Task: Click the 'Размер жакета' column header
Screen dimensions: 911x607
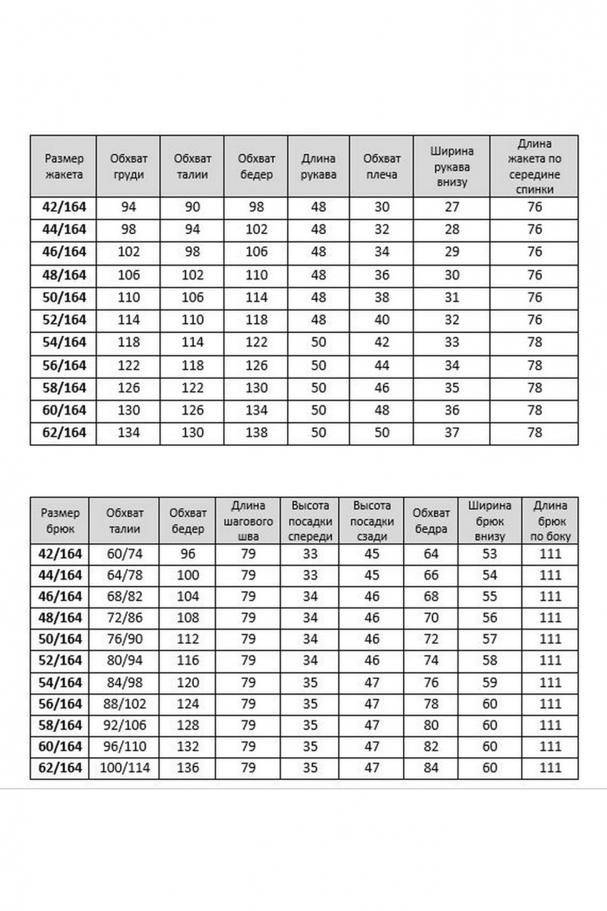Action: pyautogui.click(x=64, y=165)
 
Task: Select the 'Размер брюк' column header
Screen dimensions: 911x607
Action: pyautogui.click(x=61, y=522)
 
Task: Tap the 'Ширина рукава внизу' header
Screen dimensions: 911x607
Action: pyautogui.click(x=452, y=165)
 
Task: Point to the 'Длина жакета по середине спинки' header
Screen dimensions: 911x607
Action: pyautogui.click(x=535, y=165)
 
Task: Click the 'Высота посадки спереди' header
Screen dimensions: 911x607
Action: pyautogui.click(x=311, y=522)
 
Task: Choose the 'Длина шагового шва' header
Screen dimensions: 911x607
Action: pyautogui.click(x=248, y=522)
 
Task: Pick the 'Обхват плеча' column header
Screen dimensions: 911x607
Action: pyautogui.click(x=382, y=165)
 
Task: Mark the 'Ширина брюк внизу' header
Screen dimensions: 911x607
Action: pyautogui.click(x=490, y=522)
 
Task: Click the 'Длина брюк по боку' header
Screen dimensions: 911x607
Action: pyautogui.click(x=550, y=522)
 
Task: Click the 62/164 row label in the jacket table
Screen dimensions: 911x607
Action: pyautogui.click(x=64, y=433)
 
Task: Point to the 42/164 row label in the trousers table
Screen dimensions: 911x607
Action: pyautogui.click(x=61, y=554)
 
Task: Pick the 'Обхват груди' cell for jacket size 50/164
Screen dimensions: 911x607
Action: pyautogui.click(x=129, y=297)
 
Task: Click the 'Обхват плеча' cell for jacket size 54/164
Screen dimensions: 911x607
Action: pyautogui.click(x=382, y=342)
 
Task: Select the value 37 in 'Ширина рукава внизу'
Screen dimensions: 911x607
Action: pyautogui.click(x=452, y=433)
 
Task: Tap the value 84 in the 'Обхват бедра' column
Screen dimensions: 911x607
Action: pyautogui.click(x=431, y=768)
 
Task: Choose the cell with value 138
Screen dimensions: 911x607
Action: pyautogui.click(x=256, y=433)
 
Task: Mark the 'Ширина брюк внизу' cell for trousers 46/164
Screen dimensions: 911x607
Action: pyautogui.click(x=490, y=596)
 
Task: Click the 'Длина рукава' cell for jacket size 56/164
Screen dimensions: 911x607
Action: pyautogui.click(x=319, y=365)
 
